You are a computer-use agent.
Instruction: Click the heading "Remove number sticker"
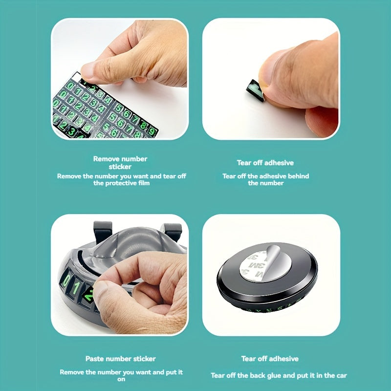[x=120, y=163]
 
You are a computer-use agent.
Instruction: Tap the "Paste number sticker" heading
[x=120, y=359]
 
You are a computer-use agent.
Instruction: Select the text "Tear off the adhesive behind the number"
[x=265, y=179]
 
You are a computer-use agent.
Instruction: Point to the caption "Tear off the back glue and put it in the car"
[x=279, y=375]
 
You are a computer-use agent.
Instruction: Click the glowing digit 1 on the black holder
[x=76, y=287]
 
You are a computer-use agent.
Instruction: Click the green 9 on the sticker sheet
[x=152, y=131]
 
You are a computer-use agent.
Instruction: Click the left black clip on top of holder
[x=103, y=230]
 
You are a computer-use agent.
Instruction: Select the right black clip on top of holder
[x=173, y=231]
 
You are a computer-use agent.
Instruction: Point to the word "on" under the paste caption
[x=121, y=380]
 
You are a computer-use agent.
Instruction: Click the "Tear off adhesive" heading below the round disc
[x=270, y=359]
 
